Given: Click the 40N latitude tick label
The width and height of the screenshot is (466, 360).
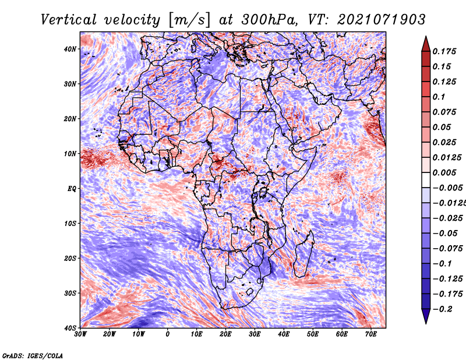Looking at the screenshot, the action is coord(70,49).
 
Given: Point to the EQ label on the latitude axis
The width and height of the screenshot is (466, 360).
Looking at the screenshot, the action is coord(72,189).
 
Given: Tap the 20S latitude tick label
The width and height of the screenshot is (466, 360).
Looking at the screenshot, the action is coord(70,258).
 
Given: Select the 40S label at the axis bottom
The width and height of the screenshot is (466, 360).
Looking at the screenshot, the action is coord(70,328).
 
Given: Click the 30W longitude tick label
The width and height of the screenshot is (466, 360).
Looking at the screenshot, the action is coord(80,334).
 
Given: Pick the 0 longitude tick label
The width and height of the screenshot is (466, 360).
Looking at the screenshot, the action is coord(168,334).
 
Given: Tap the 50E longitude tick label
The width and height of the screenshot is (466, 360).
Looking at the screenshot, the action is coord(313,334).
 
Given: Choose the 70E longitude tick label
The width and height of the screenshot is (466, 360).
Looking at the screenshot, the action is coord(371,334).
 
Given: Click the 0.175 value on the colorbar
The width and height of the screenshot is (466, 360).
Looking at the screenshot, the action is coord(444,51).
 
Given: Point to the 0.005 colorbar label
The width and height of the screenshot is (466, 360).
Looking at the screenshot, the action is coord(444,172).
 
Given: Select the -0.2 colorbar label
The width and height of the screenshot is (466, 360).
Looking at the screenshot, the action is coord(442,309).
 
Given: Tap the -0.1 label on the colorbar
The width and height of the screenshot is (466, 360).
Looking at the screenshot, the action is coord(442,264).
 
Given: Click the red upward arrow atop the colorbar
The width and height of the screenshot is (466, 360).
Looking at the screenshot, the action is coord(426,44).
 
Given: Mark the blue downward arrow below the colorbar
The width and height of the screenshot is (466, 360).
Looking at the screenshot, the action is coord(426,316).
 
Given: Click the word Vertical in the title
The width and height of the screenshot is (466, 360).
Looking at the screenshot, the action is coord(69,20).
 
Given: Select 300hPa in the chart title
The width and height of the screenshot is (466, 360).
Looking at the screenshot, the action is coord(270,20).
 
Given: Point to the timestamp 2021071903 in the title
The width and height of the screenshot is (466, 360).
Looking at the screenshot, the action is coord(382,20).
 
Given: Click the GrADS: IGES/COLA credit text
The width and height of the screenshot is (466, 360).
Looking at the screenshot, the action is coord(33,355).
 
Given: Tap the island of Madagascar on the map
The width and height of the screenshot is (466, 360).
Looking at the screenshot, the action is coord(303,254).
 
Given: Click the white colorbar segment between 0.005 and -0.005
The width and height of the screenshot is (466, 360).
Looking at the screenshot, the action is coord(426,180).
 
